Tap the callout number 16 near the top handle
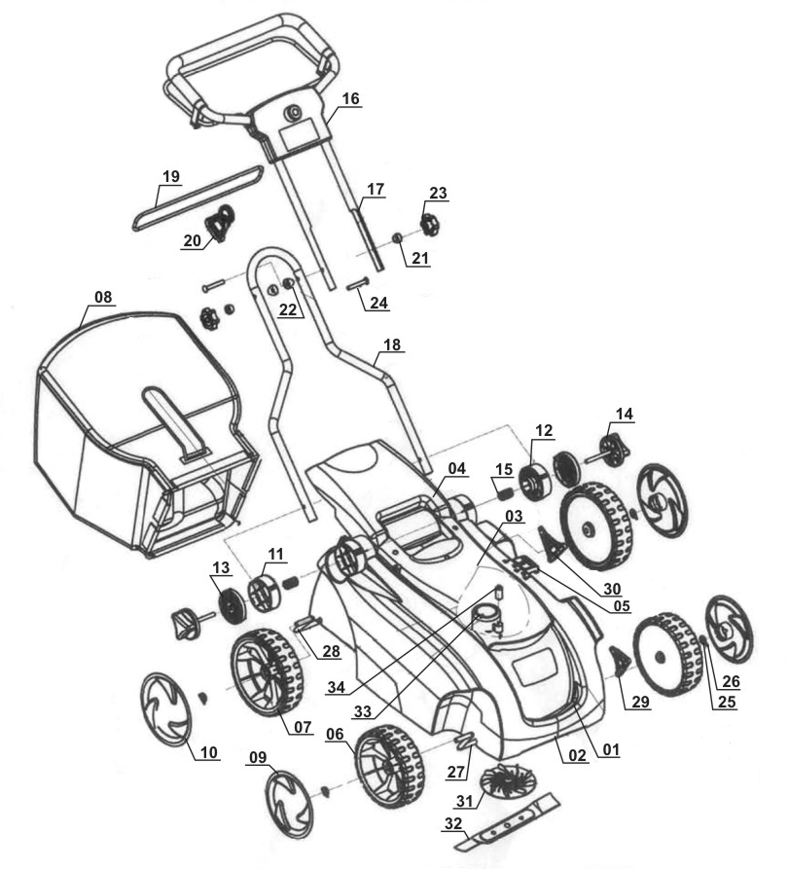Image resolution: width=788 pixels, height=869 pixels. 351,98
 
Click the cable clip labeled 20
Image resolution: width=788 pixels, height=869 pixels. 225,223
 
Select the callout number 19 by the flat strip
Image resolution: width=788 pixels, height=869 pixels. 171,177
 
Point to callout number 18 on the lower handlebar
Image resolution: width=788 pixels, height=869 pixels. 392,345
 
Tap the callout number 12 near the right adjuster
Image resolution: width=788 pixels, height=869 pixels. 543,428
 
